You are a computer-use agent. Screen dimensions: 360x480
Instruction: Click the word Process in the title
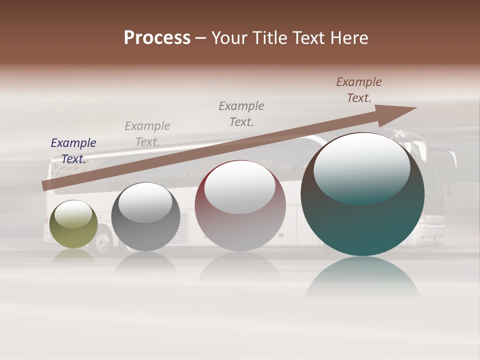157,38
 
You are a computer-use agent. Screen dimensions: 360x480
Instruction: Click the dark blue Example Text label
73,151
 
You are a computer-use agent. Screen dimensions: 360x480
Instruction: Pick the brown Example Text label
359,90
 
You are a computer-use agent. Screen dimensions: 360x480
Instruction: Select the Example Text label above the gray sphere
147,134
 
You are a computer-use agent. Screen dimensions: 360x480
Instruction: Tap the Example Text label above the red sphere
241,114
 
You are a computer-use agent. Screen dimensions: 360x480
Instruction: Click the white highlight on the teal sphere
361,167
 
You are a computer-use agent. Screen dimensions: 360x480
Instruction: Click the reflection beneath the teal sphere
362,277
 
